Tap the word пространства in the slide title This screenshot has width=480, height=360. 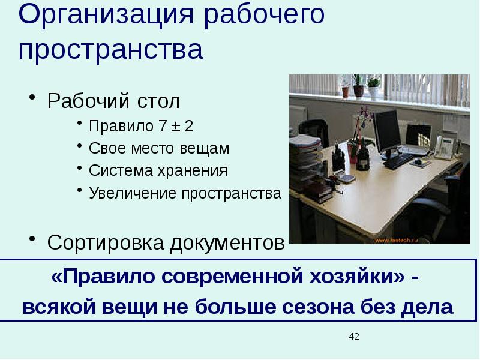pos(111,50)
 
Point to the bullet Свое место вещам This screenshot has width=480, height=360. pos(159,148)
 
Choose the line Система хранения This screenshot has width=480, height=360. pos(158,171)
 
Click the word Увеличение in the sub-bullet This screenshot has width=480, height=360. pos(124,193)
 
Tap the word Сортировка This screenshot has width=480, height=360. pos(105,243)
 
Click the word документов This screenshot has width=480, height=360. pos(227,243)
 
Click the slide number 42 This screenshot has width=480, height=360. pos(354,337)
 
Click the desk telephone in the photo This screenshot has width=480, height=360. pos(443,146)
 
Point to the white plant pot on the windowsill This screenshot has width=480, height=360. pos(373,91)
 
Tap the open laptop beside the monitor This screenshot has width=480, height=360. pos(416,136)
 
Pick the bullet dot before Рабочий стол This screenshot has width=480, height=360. pos(34,99)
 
